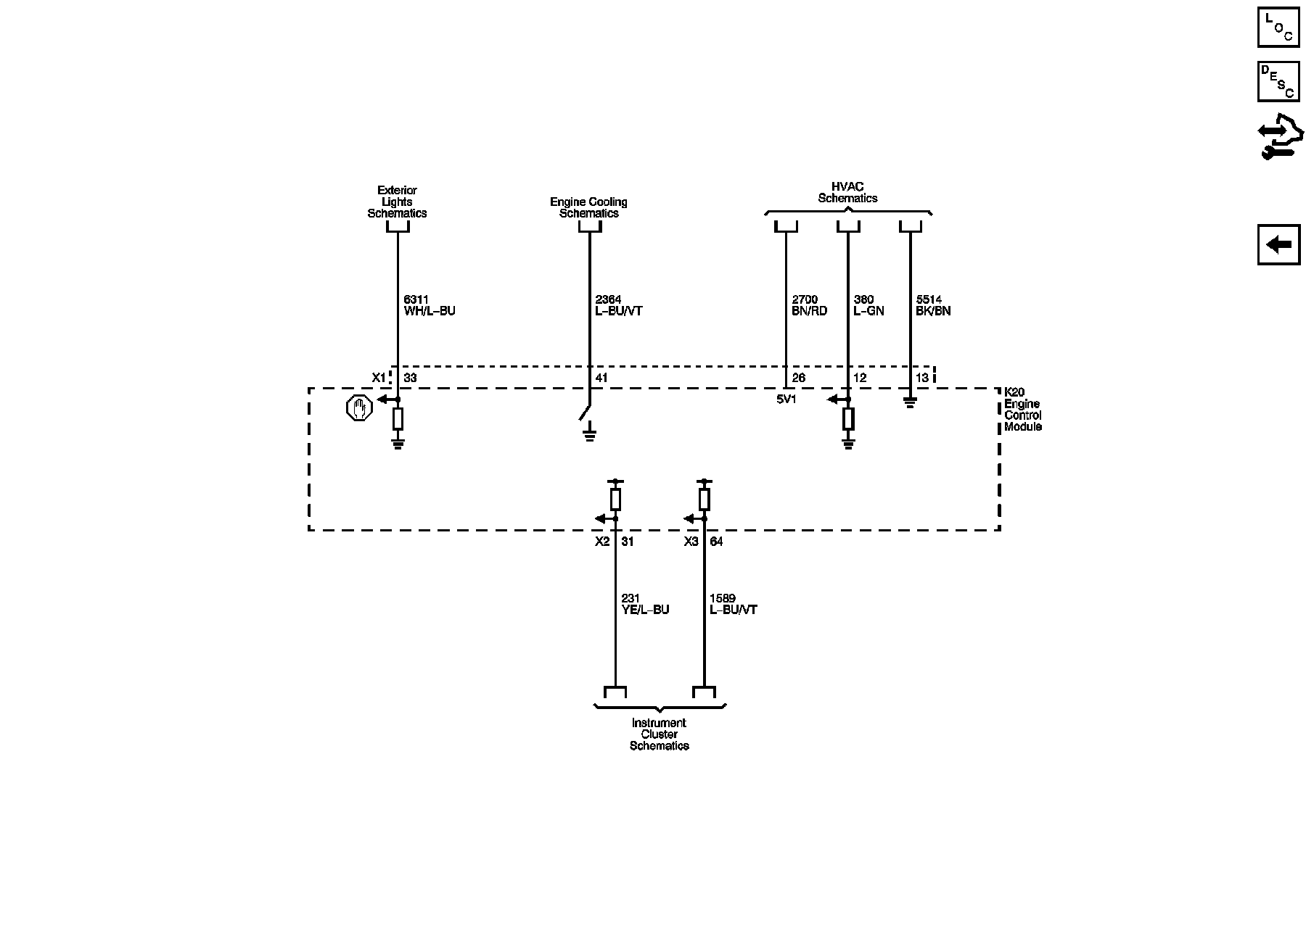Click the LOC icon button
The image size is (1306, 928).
[1278, 28]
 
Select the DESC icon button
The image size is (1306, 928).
[1278, 81]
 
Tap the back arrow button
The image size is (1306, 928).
[1278, 245]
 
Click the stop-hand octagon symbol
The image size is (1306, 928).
[359, 408]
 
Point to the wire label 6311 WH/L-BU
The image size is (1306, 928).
[430, 305]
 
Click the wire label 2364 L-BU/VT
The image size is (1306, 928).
[618, 305]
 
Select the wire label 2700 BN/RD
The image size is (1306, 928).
[809, 305]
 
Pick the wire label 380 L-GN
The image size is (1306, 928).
[868, 305]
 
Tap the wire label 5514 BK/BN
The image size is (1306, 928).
[933, 305]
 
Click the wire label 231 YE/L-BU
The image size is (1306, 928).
[645, 604]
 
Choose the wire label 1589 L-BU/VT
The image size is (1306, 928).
[733, 604]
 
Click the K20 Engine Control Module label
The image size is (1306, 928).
[1022, 410]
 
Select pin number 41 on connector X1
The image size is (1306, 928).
[601, 378]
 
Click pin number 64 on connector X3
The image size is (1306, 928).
[716, 542]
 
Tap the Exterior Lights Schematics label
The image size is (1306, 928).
[397, 202]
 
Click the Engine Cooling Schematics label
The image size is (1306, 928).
[588, 207]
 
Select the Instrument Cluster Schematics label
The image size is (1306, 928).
[659, 734]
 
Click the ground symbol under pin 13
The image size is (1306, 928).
[911, 401]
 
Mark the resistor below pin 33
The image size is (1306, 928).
[398, 418]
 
